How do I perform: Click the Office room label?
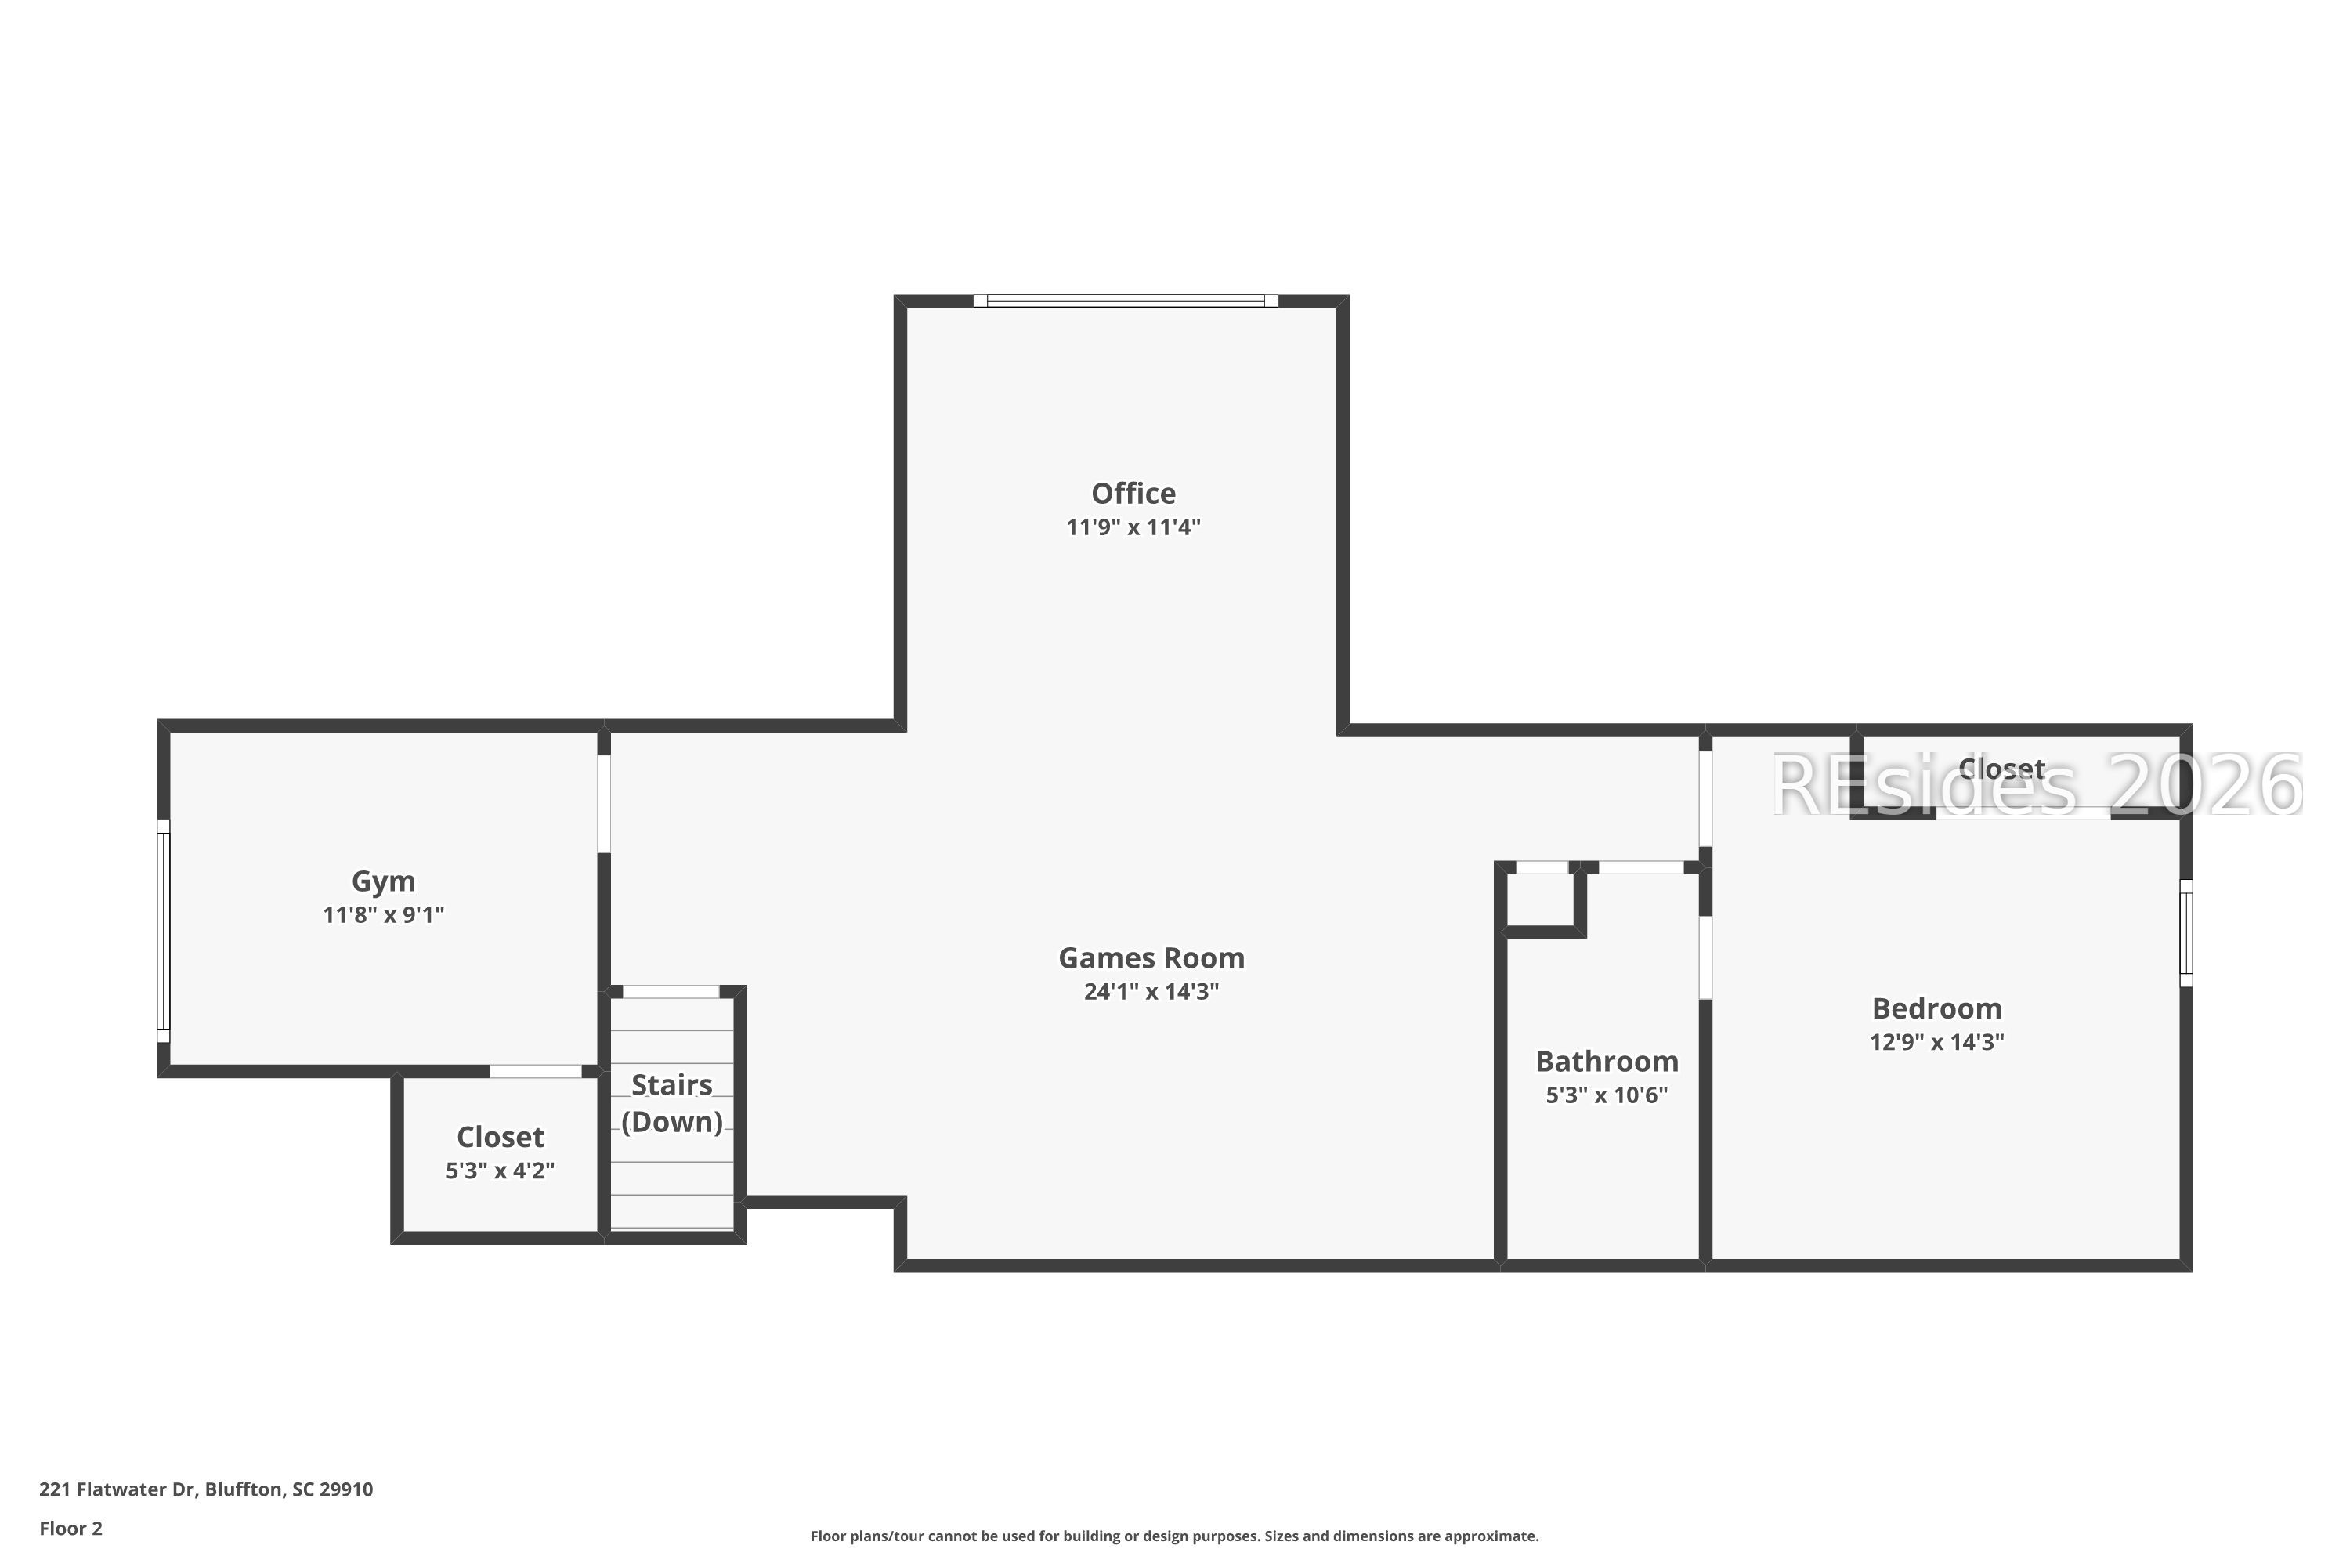pos(1133,494)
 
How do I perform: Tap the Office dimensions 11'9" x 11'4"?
pos(1133,527)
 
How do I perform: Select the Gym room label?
pos(383,881)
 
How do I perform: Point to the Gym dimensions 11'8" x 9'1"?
pos(383,915)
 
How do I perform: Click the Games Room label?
pos(1151,958)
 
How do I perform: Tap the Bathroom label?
pos(1607,1062)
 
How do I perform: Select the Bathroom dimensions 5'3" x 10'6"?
pos(1607,1095)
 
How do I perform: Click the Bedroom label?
pos(1936,1008)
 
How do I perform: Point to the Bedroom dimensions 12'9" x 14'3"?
pos(1936,1042)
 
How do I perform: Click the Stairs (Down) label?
pos(671,1103)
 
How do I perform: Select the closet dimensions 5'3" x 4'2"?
pos(500,1171)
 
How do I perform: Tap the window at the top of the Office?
pos(1125,301)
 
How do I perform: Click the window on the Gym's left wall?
pos(164,931)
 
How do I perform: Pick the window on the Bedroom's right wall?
pos(2185,932)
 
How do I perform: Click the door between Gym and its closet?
pos(536,1071)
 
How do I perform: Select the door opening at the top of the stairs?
pos(671,991)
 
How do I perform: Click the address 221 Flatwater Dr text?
pos(206,1489)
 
